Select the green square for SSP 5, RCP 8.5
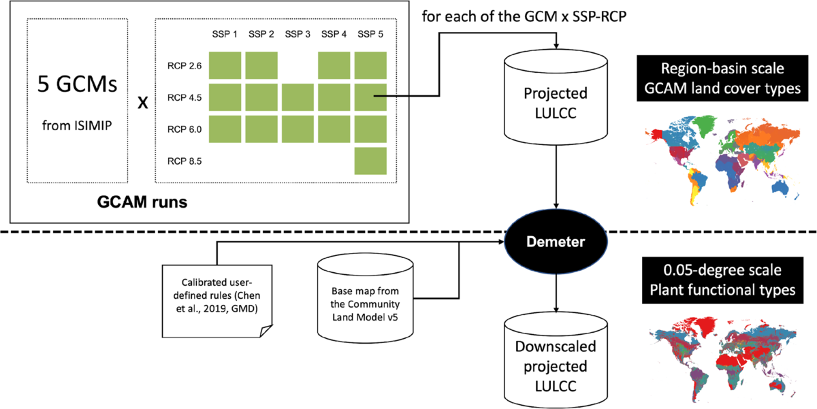(x=371, y=161)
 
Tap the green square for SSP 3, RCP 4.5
(x=298, y=97)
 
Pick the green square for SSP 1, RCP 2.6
(x=225, y=65)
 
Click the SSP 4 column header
(x=334, y=33)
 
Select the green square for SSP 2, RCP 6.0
(x=261, y=129)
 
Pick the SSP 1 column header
(x=225, y=33)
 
